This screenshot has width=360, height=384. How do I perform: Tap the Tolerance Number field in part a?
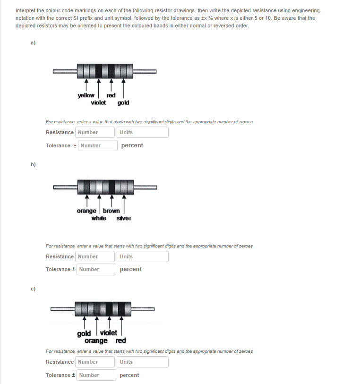(x=97, y=145)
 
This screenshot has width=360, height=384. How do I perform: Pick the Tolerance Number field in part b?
(x=97, y=269)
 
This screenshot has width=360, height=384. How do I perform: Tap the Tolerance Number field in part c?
(x=97, y=375)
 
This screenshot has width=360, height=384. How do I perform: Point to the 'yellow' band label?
(x=86, y=95)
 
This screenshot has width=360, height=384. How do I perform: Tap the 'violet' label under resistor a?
(x=98, y=102)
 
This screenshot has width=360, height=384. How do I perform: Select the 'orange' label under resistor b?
(x=86, y=211)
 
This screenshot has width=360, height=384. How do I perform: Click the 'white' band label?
(x=99, y=218)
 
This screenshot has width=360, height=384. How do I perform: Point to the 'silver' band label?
(x=124, y=218)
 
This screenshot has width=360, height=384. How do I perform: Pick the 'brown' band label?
(x=111, y=211)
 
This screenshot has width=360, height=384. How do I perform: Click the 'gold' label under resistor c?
(x=84, y=333)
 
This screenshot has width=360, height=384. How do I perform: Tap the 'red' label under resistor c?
(x=120, y=341)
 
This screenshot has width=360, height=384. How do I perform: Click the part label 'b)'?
(x=33, y=164)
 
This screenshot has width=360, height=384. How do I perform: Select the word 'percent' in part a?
(x=132, y=145)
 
